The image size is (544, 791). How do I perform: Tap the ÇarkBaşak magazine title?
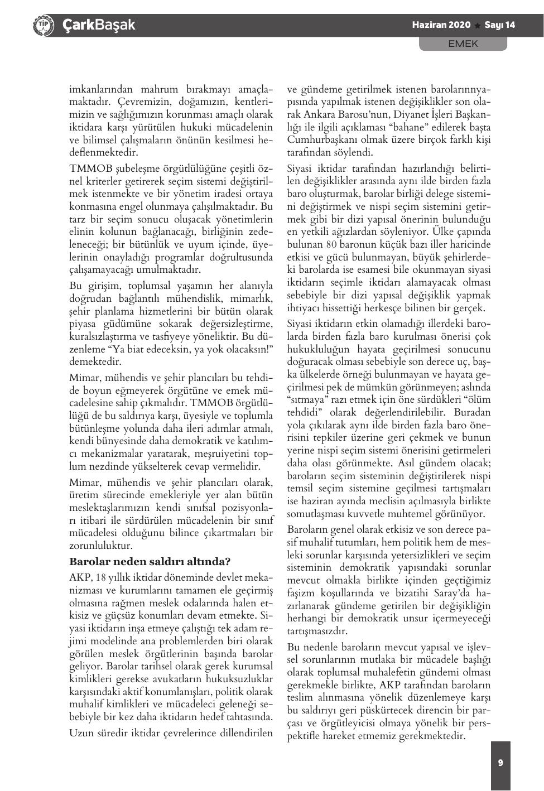[x=99, y=25]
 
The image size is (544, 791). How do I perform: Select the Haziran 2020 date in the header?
[x=441, y=25]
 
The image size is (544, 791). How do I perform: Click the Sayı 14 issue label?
[x=499, y=25]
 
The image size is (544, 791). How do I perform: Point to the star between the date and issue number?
[x=478, y=26]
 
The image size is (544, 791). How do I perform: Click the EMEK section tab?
[x=463, y=44]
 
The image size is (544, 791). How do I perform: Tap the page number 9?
[x=500, y=763]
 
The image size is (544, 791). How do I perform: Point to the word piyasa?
[x=84, y=324]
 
